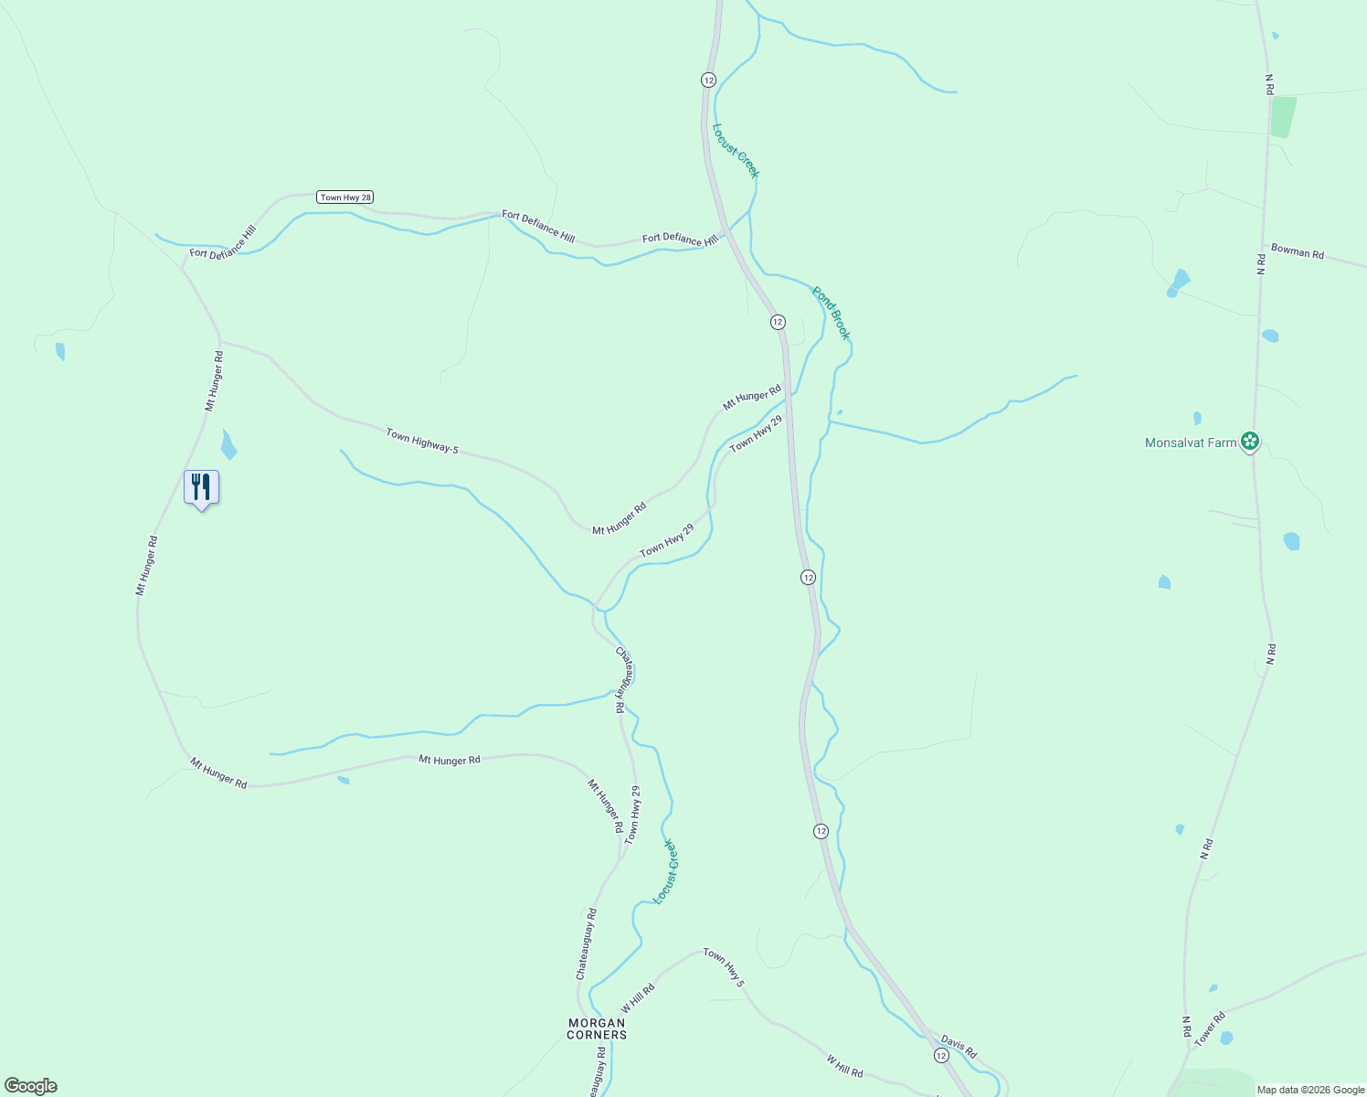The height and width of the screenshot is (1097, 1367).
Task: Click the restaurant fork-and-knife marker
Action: tap(201, 487)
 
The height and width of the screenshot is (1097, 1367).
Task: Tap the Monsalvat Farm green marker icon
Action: tap(1250, 442)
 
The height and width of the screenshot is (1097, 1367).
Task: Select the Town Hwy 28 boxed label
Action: tap(345, 197)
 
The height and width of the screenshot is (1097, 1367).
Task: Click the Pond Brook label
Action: tap(832, 313)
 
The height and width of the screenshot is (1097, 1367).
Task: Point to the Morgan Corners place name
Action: tap(597, 1028)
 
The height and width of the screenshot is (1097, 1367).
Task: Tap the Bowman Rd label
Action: tap(1298, 251)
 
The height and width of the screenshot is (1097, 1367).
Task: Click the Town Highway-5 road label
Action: tap(421, 441)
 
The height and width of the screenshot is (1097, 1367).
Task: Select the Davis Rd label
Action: tap(959, 1047)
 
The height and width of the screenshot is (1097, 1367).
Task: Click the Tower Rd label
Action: tap(1209, 1028)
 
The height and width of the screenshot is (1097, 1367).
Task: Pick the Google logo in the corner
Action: tap(31, 1086)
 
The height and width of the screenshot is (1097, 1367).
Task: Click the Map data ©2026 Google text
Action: tap(1310, 1090)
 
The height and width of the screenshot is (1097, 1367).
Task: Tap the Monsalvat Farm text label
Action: tap(1190, 442)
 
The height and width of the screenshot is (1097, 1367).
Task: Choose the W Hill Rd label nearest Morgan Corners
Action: tap(638, 996)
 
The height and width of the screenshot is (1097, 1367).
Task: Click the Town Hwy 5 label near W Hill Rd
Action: tap(724, 967)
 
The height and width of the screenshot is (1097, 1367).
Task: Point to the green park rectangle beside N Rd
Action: tap(1283, 117)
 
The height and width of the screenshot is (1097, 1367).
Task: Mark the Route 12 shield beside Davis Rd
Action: tap(941, 1055)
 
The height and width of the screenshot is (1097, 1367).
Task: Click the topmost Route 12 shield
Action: tap(708, 80)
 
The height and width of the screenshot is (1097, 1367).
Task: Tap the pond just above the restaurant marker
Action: tap(228, 444)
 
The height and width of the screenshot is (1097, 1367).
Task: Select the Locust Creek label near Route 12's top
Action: tap(736, 151)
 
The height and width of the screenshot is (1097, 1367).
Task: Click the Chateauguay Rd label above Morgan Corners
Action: tap(587, 943)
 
